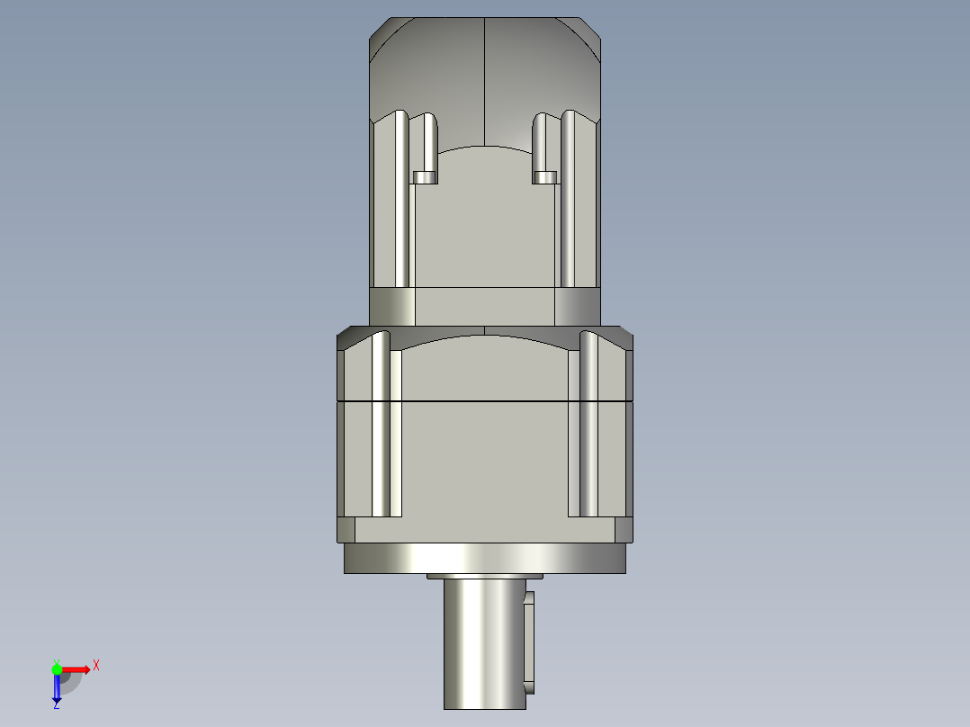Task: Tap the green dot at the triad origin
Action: tap(57, 669)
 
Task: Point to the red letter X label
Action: tap(96, 665)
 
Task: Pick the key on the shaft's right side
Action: tap(529, 641)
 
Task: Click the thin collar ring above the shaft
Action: tap(485, 576)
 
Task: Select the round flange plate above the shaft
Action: tap(485, 559)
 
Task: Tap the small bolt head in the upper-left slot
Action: tap(424, 177)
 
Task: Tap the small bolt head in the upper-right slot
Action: tap(544, 177)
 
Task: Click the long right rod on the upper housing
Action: tap(569, 198)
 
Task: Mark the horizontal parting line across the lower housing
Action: tap(485, 399)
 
